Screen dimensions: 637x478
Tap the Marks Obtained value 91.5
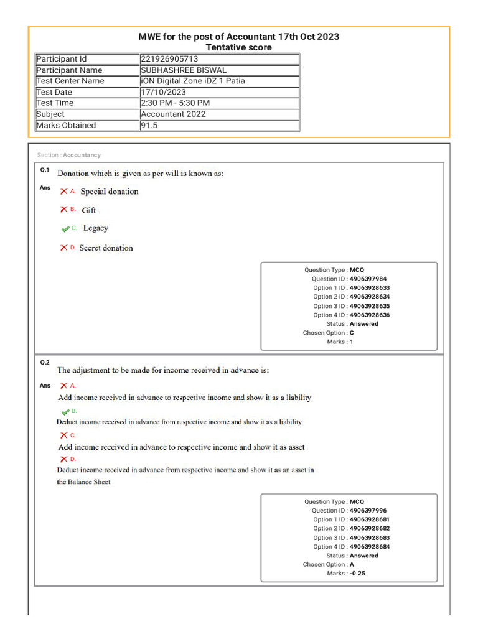149,125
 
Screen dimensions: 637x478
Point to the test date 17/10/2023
163,92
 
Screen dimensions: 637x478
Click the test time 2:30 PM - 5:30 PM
175,103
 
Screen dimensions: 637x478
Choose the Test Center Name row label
70,81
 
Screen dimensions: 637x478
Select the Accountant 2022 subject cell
173,114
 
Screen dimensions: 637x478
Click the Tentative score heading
238,47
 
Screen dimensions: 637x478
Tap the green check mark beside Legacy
65,229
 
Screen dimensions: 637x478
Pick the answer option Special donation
110,192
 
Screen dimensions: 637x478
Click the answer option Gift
89,210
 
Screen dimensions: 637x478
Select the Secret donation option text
106,248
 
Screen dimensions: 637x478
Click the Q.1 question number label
45,170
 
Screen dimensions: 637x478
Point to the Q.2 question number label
45,362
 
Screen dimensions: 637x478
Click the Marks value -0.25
357,574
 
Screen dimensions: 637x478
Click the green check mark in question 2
65,412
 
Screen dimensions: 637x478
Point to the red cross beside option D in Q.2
63,459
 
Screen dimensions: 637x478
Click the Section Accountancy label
68,155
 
